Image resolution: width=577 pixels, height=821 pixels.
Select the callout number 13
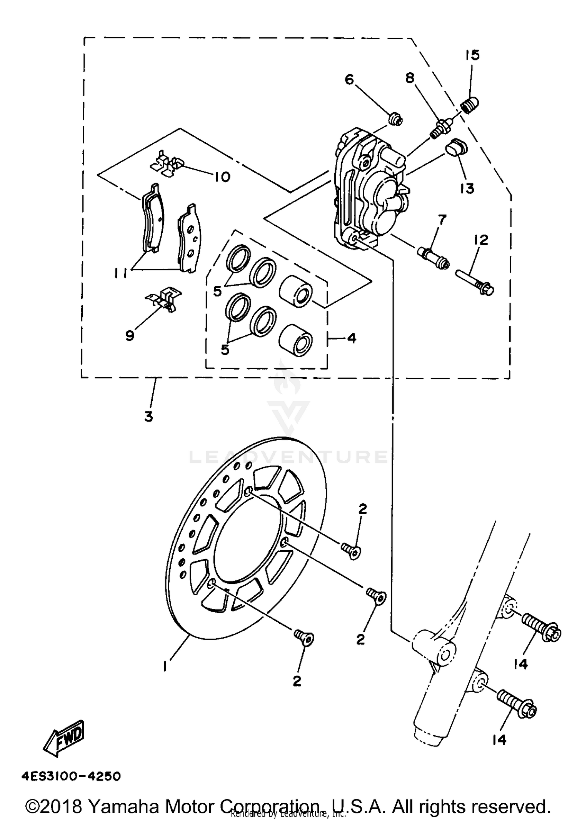[467, 188]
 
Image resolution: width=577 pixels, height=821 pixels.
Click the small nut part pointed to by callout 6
[395, 119]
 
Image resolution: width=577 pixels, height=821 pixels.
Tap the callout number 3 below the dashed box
[149, 416]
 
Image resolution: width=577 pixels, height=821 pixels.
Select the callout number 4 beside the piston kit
[351, 338]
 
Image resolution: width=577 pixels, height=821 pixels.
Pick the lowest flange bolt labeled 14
[515, 705]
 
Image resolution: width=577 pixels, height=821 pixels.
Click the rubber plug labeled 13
[456, 148]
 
